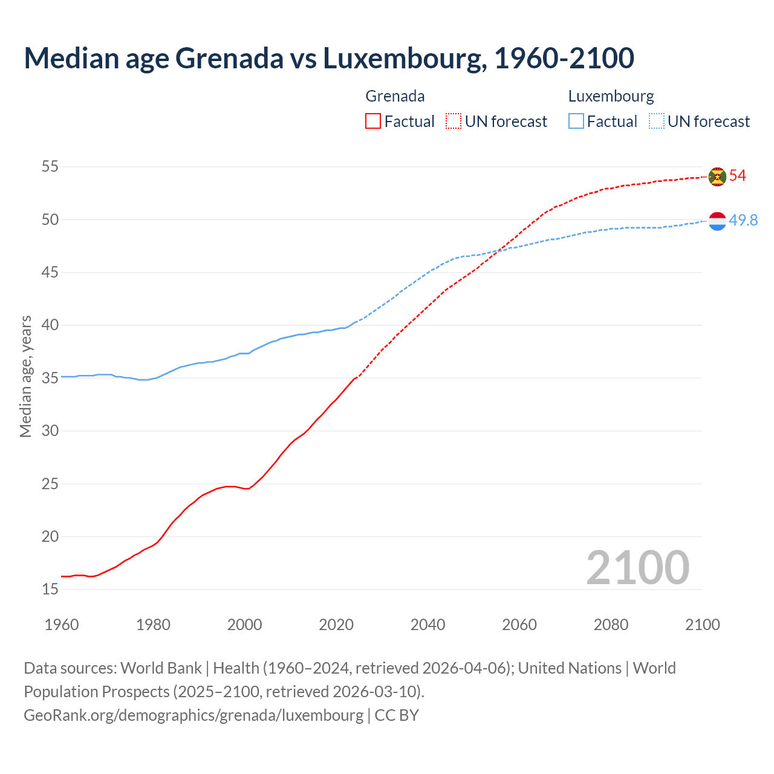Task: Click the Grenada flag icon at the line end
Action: coord(717,176)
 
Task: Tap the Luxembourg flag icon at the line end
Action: coord(717,221)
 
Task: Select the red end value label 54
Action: coord(738,176)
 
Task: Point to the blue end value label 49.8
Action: coord(743,221)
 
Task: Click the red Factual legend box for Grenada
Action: coord(373,122)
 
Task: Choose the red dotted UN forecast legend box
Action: coord(454,122)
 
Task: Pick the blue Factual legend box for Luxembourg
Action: coord(576,122)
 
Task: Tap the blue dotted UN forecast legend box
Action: coord(656,122)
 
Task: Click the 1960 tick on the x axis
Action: coord(62,625)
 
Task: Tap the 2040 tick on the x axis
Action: coord(428,625)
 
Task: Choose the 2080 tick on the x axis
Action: coord(611,625)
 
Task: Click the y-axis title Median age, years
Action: coord(25,376)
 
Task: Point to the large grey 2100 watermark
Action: coord(638,568)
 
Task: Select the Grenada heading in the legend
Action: coord(395,96)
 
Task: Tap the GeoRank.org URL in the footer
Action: coord(193,715)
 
